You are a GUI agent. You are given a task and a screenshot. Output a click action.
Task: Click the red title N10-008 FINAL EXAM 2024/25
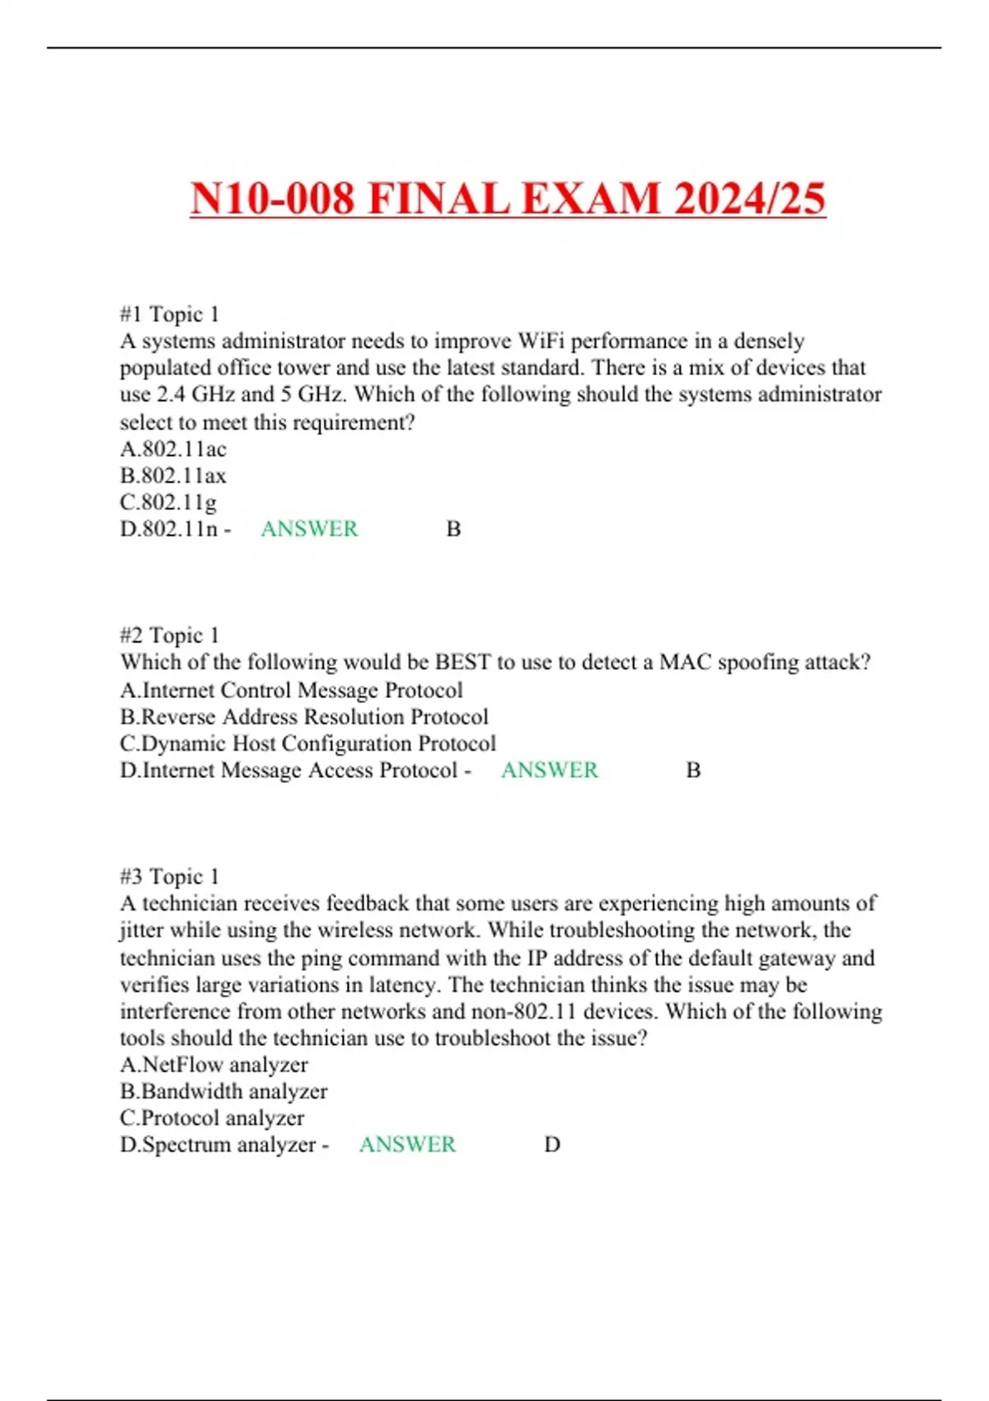[x=508, y=199]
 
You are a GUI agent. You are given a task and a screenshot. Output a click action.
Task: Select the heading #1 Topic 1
[x=170, y=314]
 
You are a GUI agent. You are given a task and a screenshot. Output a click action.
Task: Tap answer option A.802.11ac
[x=173, y=449]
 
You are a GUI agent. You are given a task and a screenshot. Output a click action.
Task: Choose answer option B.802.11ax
[x=173, y=476]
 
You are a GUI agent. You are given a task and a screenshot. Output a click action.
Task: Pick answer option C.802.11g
[x=168, y=502]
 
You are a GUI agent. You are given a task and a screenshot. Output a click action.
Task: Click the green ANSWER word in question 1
[x=309, y=528]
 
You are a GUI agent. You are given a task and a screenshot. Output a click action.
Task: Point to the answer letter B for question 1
[x=453, y=528]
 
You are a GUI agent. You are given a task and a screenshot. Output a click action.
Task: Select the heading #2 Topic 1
[x=170, y=635]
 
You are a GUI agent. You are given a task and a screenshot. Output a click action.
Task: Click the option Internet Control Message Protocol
[x=292, y=690]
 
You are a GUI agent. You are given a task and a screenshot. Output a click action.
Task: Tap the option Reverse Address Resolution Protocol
[x=304, y=717]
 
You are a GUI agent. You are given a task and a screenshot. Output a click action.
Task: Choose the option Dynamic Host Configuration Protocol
[x=308, y=743]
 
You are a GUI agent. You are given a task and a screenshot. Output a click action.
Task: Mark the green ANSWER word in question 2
[x=550, y=770]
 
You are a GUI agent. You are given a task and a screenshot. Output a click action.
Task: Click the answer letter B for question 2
[x=694, y=770]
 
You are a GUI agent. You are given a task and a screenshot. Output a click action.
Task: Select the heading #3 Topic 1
[x=170, y=876]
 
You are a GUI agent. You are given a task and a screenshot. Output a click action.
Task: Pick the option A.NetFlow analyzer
[x=214, y=1065]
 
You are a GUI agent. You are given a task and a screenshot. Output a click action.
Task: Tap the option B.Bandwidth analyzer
[x=223, y=1091]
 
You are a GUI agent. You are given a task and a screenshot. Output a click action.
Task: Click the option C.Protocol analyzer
[x=212, y=1118]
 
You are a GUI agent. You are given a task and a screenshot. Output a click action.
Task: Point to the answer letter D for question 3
[x=552, y=1144]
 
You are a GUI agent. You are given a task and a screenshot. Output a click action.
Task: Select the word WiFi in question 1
[x=541, y=341]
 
